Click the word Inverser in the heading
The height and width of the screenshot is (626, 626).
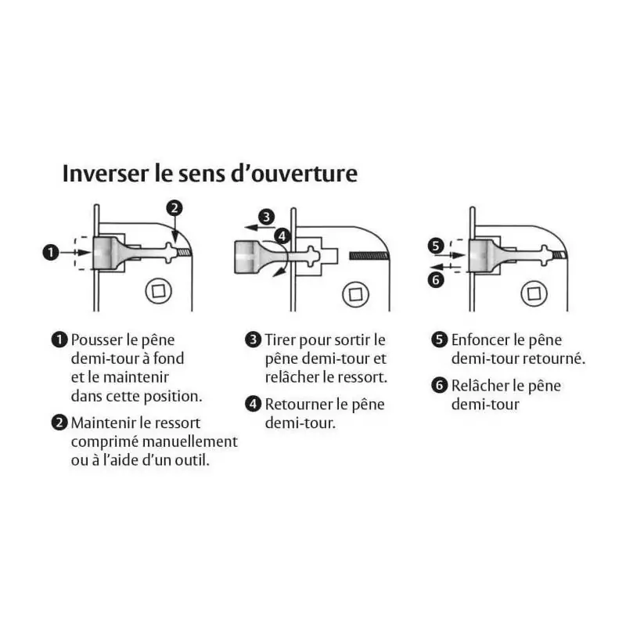tap(106, 173)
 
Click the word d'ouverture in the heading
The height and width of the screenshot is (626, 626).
tap(294, 173)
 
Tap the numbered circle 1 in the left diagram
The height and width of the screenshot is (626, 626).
tap(51, 252)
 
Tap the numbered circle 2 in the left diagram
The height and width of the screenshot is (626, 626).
tap(174, 208)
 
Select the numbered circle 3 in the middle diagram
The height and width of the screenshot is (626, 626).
tap(266, 218)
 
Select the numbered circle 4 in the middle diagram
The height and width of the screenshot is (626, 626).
tap(282, 236)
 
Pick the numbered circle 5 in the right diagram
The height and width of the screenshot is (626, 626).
tap(436, 246)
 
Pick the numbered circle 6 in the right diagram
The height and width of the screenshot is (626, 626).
tap(436, 279)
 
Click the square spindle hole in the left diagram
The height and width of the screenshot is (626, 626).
tap(159, 291)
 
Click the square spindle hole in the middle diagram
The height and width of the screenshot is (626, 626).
tap(356, 295)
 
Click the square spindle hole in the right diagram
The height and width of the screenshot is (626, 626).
tap(534, 293)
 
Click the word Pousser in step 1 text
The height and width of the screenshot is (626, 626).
tap(96, 340)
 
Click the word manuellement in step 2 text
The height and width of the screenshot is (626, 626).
tap(190, 441)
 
